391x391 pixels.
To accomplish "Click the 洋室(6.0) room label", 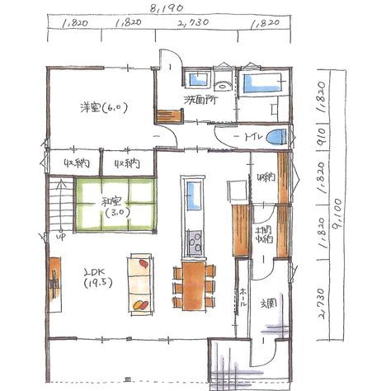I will tap(100, 108).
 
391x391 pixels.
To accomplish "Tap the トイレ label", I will tap(251, 137).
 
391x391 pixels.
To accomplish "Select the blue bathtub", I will tap(261, 83).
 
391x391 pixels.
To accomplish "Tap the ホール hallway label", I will tap(244, 298).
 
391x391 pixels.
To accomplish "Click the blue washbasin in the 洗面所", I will tap(198, 79).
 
